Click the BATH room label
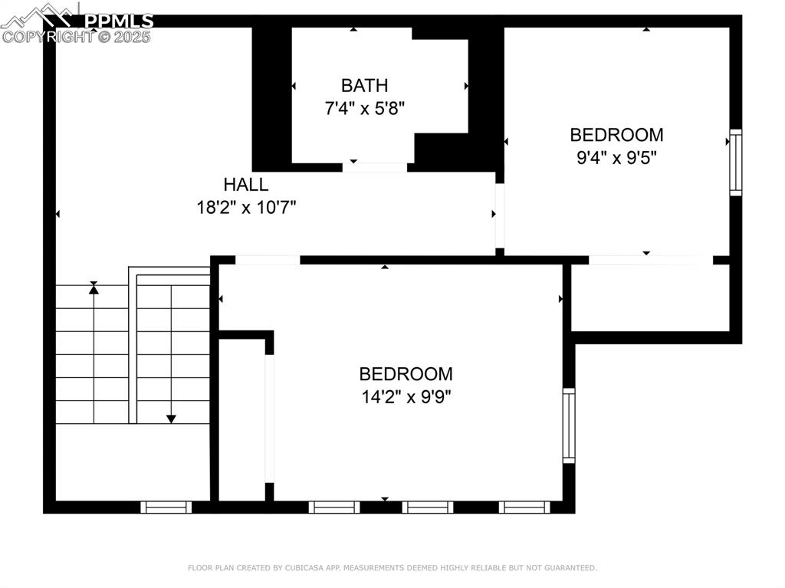pos(364,86)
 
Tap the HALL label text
pos(246,185)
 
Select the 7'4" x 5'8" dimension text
pos(364,108)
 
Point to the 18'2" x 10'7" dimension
pos(246,207)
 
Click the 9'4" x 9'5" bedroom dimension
pos(616,158)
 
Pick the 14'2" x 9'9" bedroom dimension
pos(406,397)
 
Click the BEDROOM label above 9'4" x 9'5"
pos(616,135)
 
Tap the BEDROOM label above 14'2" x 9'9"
pos(406,374)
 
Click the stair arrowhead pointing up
pos(94,287)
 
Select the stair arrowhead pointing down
pos(171,419)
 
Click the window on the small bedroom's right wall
pos(735,163)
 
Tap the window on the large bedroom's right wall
pos(569,425)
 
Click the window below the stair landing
pos(166,507)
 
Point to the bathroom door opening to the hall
pos(374,167)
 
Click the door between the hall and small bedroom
pos(500,215)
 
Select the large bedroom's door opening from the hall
pos(268,260)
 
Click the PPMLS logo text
pos(119,21)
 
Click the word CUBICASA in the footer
pos(304,568)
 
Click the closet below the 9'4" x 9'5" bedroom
pos(650,297)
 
